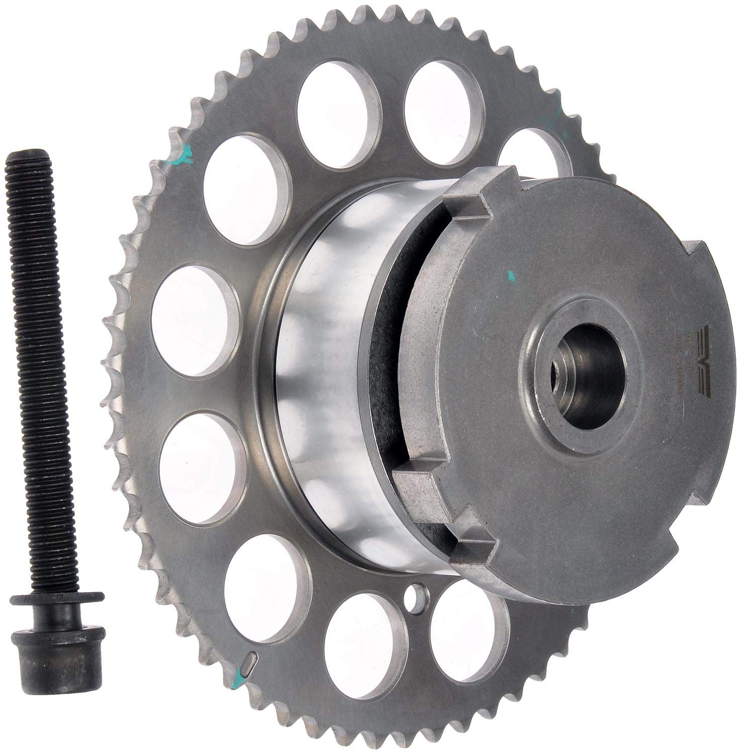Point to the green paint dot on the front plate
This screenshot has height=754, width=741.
[511, 274]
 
